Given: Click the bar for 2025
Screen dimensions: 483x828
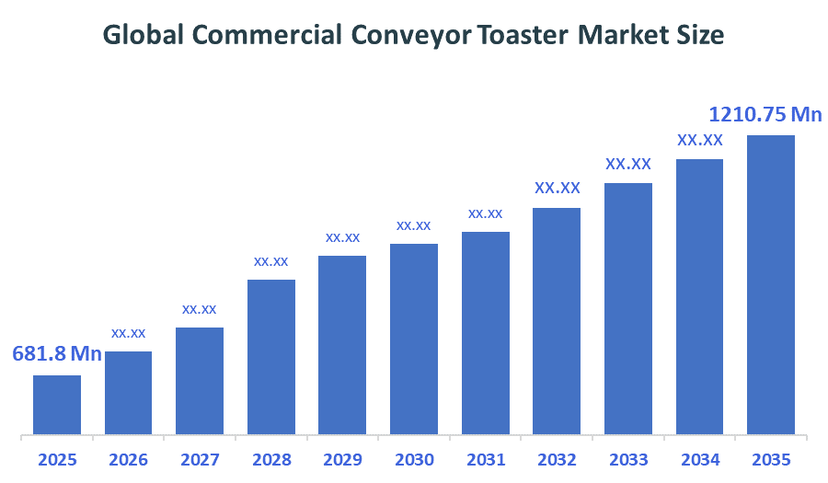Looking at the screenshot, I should [57, 404].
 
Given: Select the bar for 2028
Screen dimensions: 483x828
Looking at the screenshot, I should [271, 356].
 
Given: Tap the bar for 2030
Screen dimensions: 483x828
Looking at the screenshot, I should [414, 338].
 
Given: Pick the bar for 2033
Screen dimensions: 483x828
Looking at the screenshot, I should [628, 307].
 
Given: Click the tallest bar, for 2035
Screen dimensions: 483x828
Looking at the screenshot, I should [771, 283].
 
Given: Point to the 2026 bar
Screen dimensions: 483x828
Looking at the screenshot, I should [129, 392].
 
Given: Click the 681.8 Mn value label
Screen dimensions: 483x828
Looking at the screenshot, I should [57, 354].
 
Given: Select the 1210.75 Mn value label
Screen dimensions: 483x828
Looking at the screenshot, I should [765, 115].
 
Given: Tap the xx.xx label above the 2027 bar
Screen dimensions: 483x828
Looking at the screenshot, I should [200, 309].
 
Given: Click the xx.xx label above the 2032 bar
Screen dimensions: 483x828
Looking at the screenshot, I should [558, 188].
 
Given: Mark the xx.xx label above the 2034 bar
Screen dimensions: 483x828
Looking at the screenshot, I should [700, 140].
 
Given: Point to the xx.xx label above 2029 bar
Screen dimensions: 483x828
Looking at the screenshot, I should [342, 237].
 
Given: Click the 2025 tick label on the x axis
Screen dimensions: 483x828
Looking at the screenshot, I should [57, 459].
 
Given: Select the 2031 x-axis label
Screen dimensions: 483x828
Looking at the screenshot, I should [486, 459].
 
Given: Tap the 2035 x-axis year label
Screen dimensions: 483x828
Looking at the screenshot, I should [771, 459].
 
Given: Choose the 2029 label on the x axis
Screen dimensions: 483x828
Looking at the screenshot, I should [342, 459].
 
